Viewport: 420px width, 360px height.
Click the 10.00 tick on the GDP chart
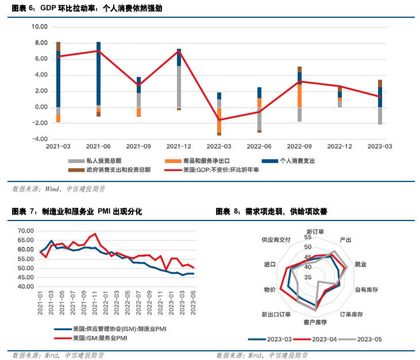coord(39,26)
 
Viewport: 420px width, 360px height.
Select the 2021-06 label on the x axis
coord(98,146)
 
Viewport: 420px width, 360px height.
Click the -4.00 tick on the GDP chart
coord(39,139)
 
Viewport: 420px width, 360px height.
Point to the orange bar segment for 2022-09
coord(299,96)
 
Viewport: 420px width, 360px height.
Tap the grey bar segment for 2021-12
coord(179,86)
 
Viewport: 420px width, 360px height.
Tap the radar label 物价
coord(269,290)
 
